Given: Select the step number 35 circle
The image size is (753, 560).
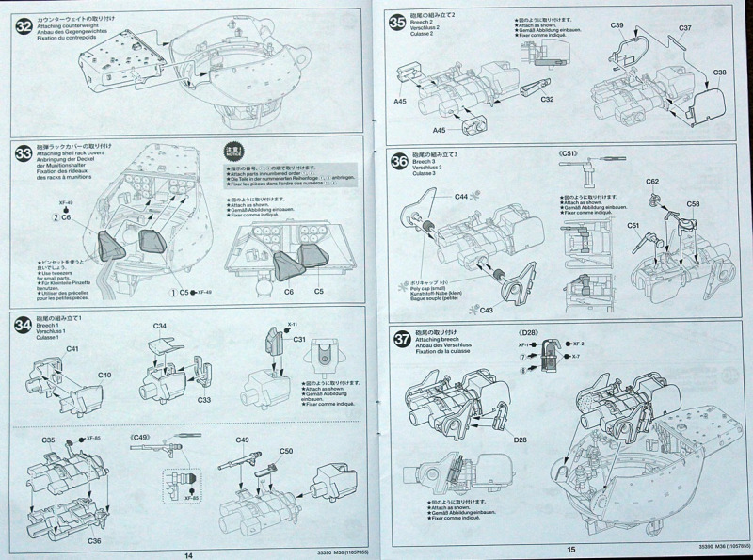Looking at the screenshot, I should [x=398, y=21].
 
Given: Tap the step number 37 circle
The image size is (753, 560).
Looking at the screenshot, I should [x=398, y=341].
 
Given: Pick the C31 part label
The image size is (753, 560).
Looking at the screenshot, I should [x=299, y=339].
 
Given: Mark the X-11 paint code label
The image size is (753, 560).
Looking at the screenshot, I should [x=293, y=323].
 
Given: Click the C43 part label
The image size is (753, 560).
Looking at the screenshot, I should [x=487, y=310].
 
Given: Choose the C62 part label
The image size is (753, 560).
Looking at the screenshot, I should [x=652, y=181].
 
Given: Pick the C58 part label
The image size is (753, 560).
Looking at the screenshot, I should [x=693, y=202].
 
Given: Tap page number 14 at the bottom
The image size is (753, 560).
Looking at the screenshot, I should [x=189, y=554].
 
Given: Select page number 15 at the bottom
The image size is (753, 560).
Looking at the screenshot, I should [x=570, y=550].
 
